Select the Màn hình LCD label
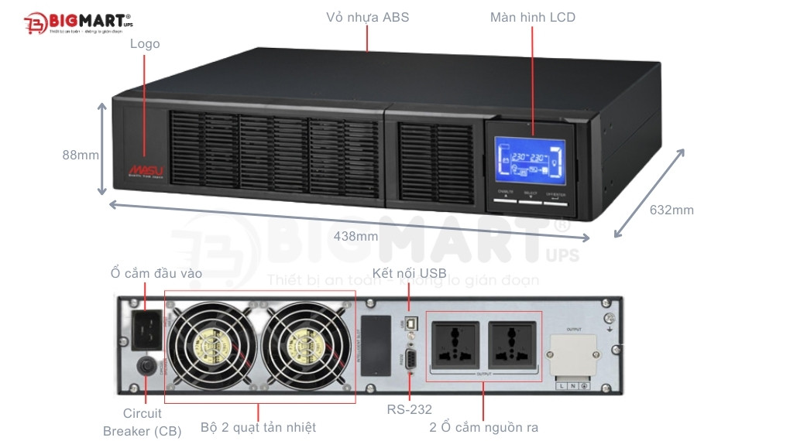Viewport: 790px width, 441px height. pos(532,17)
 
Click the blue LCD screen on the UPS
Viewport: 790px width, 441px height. pos(530,161)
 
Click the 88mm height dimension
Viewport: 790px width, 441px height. pos(81,155)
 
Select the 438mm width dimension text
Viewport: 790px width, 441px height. pos(355,236)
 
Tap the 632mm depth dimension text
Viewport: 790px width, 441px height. pos(671,210)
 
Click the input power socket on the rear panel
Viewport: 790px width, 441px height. pos(148,328)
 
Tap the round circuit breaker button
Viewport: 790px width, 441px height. pos(145,366)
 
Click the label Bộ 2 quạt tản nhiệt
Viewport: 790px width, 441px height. pos(258,427)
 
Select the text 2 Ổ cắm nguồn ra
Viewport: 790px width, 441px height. pos(483,427)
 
